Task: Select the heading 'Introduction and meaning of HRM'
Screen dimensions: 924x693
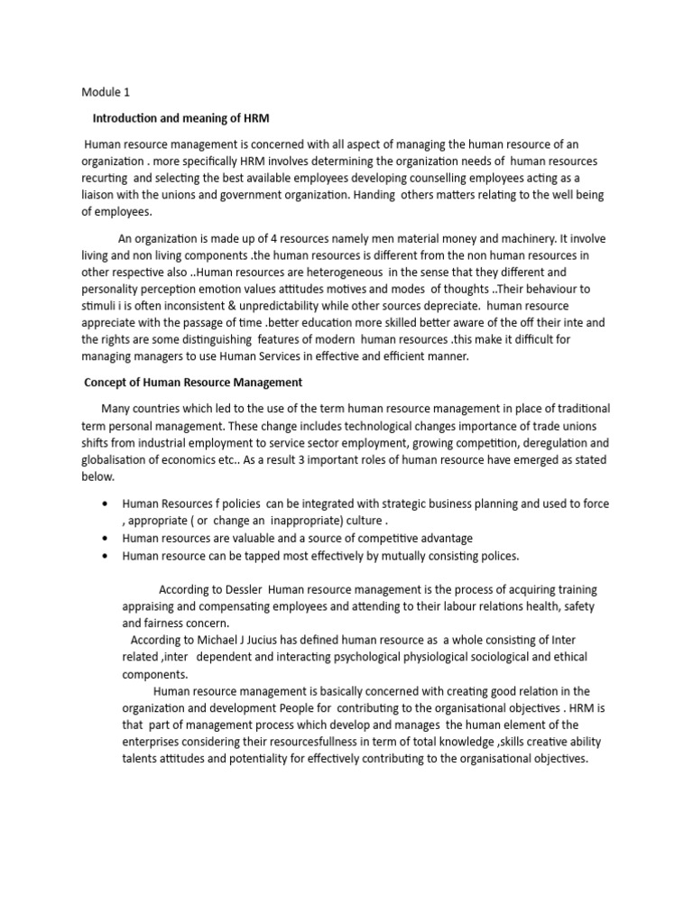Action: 181,118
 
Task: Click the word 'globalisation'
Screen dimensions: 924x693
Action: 116,460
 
